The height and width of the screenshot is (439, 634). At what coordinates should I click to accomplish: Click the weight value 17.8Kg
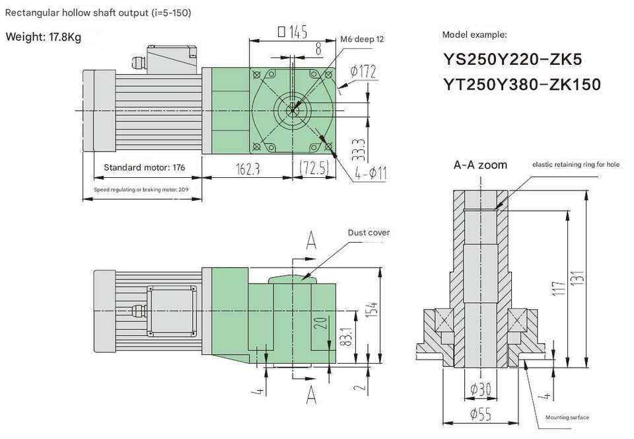[65, 37]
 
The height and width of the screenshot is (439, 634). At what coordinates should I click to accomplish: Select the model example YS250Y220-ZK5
[512, 60]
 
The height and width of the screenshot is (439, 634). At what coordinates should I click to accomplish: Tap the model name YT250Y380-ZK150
[522, 85]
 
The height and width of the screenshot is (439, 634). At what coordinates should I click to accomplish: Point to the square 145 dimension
[293, 32]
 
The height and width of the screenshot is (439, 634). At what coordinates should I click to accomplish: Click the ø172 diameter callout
[363, 71]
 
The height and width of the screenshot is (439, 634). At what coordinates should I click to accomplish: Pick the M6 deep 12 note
[362, 39]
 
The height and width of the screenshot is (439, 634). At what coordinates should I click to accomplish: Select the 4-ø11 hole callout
[370, 173]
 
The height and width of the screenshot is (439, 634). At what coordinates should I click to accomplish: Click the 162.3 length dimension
[248, 169]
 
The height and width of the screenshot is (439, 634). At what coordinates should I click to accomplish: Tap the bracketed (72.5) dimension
[314, 167]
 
